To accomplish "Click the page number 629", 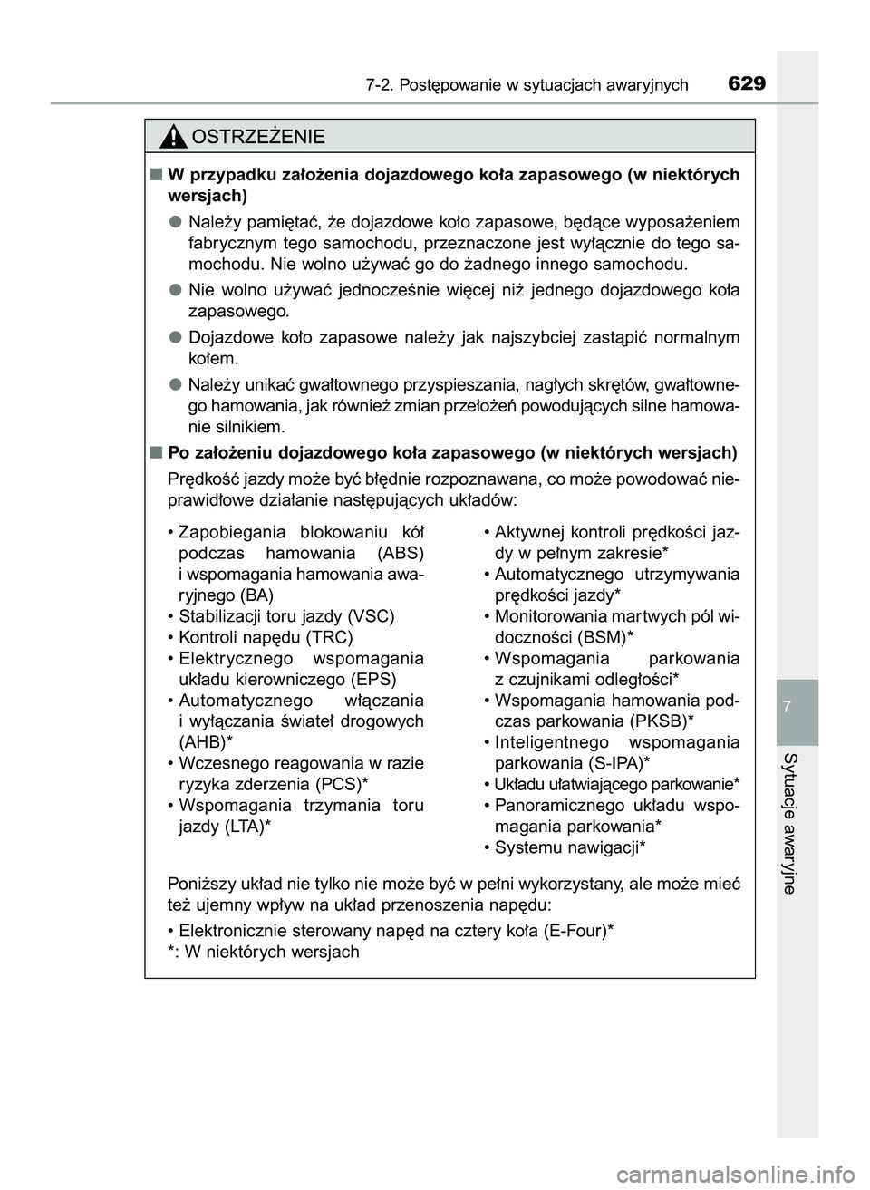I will (x=746, y=84).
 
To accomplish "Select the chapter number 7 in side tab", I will (x=797, y=705).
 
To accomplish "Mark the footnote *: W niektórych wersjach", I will (x=264, y=952).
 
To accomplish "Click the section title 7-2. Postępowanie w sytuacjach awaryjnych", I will (x=527, y=86).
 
